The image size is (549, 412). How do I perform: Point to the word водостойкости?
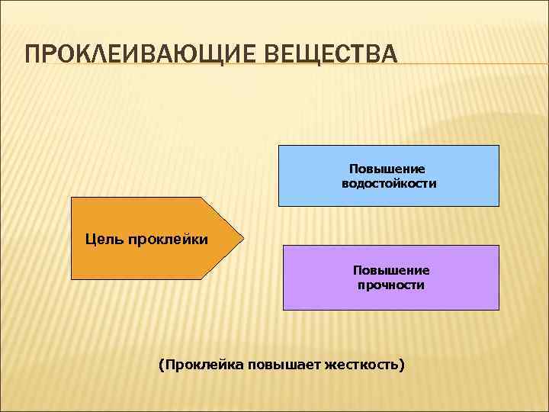389,184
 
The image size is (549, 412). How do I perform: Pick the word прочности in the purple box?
391,285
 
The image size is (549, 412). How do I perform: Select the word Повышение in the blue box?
388,169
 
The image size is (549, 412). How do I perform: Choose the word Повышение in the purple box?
391,270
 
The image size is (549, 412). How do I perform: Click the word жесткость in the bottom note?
361,365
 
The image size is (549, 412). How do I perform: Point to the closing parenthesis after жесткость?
402,365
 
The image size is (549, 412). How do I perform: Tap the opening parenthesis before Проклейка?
160,365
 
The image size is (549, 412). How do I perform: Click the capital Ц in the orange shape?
90,241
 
